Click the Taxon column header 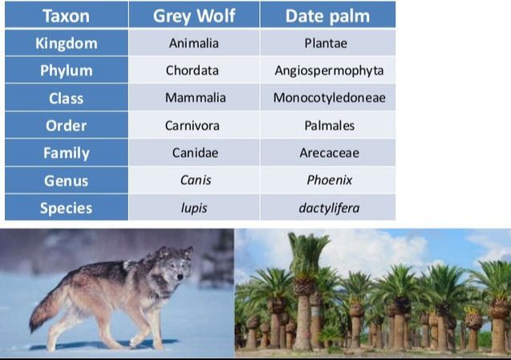tap(66, 15)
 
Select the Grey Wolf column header tap(193, 15)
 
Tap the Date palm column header tap(328, 15)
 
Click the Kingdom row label tap(66, 43)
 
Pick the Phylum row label tap(66, 71)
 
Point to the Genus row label tap(66, 180)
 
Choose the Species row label tap(66, 208)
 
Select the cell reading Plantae tap(329, 43)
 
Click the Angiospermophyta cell tap(329, 71)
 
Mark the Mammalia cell tap(195, 98)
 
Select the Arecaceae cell tap(329, 153)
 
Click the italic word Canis tap(195, 180)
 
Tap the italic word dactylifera tap(329, 208)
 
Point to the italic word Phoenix tap(329, 180)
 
